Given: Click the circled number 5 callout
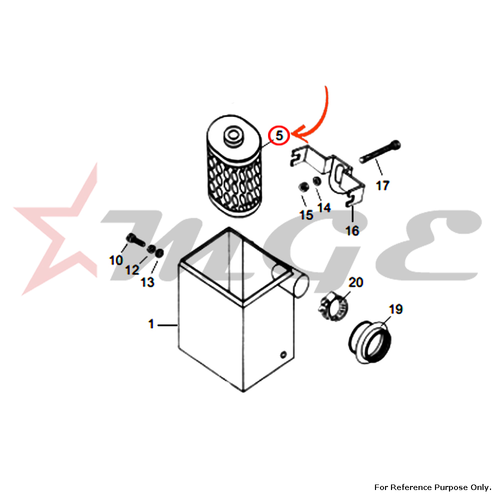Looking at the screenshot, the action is (x=279, y=135).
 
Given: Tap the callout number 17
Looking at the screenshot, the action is (x=382, y=186).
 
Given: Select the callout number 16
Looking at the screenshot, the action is (x=352, y=231).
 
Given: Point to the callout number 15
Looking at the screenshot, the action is (x=306, y=215).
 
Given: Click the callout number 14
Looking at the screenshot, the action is (x=324, y=207).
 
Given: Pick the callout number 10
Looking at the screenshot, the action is (x=116, y=260).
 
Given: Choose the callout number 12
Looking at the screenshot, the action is (x=132, y=270).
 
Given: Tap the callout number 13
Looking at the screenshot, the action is (x=147, y=282).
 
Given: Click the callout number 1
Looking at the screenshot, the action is (x=151, y=324).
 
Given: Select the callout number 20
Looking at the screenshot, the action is (x=355, y=282).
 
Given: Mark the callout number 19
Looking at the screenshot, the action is (x=395, y=309).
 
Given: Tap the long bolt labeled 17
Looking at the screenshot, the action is (x=379, y=152).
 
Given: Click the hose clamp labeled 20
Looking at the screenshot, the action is (x=333, y=307).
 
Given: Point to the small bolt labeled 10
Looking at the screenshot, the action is (x=136, y=239).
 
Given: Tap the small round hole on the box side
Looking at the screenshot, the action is (x=283, y=354).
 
